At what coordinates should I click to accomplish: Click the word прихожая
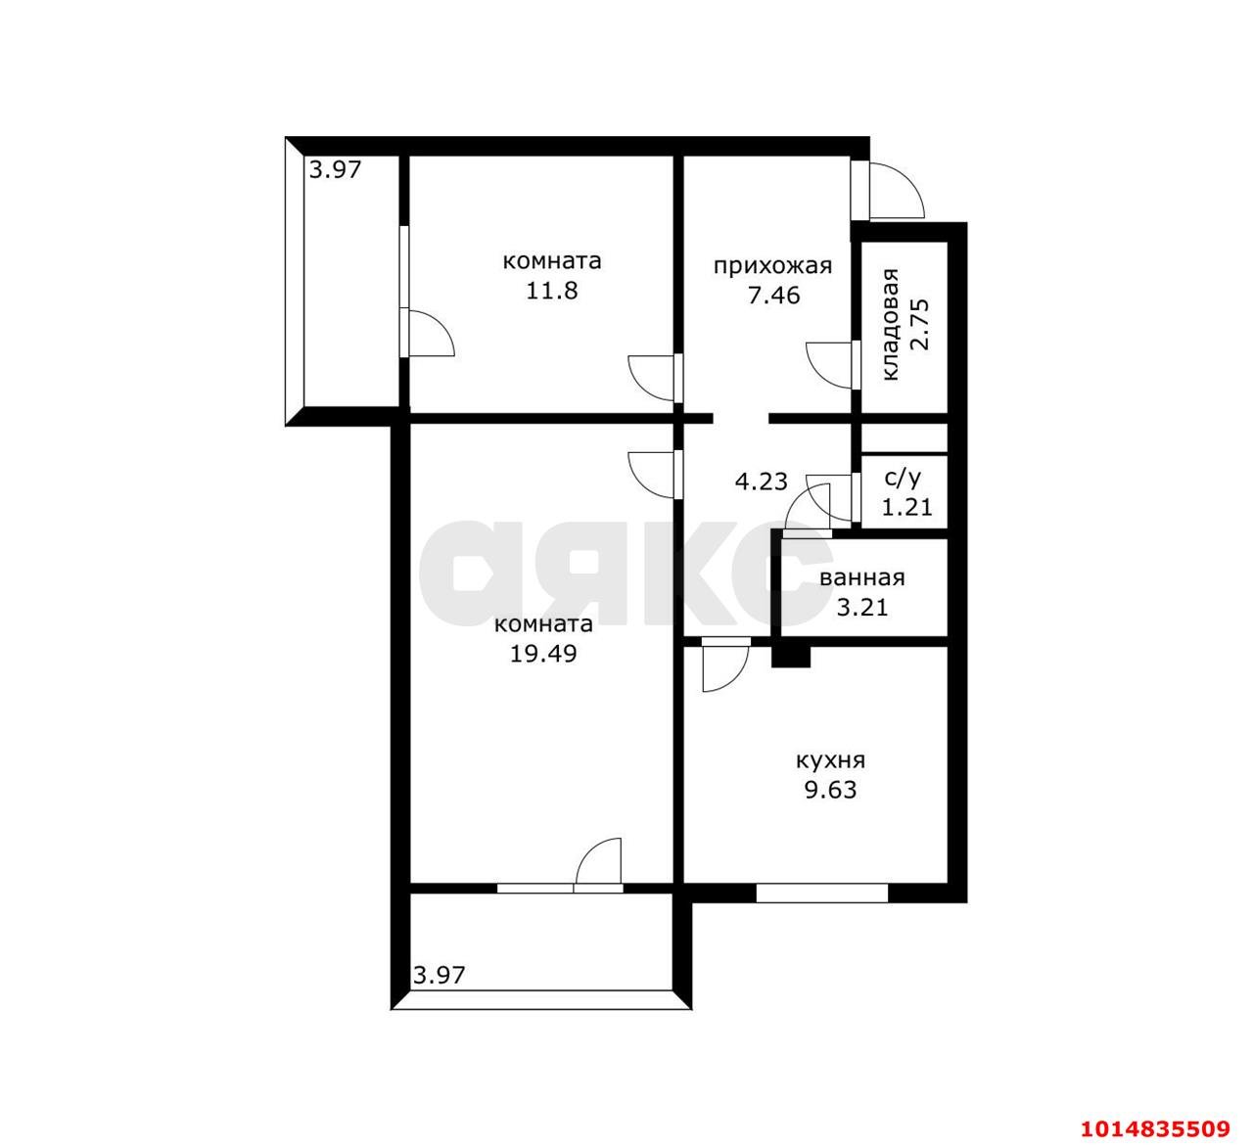(772, 267)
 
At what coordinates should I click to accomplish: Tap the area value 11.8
(551, 291)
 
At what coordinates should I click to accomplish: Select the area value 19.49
(543, 654)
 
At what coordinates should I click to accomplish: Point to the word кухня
(830, 761)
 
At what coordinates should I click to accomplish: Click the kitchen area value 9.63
(830, 791)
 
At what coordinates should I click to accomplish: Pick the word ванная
(862, 577)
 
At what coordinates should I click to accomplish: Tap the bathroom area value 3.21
(862, 607)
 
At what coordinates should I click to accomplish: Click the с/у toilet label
(903, 479)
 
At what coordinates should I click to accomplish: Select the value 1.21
(907, 507)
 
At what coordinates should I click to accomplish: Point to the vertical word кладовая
(890, 324)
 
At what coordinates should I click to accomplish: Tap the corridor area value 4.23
(761, 482)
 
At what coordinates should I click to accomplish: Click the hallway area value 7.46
(773, 296)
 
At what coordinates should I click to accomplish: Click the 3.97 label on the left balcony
(336, 169)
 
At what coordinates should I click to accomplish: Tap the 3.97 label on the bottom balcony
(440, 975)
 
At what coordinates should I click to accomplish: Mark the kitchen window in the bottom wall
(822, 893)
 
